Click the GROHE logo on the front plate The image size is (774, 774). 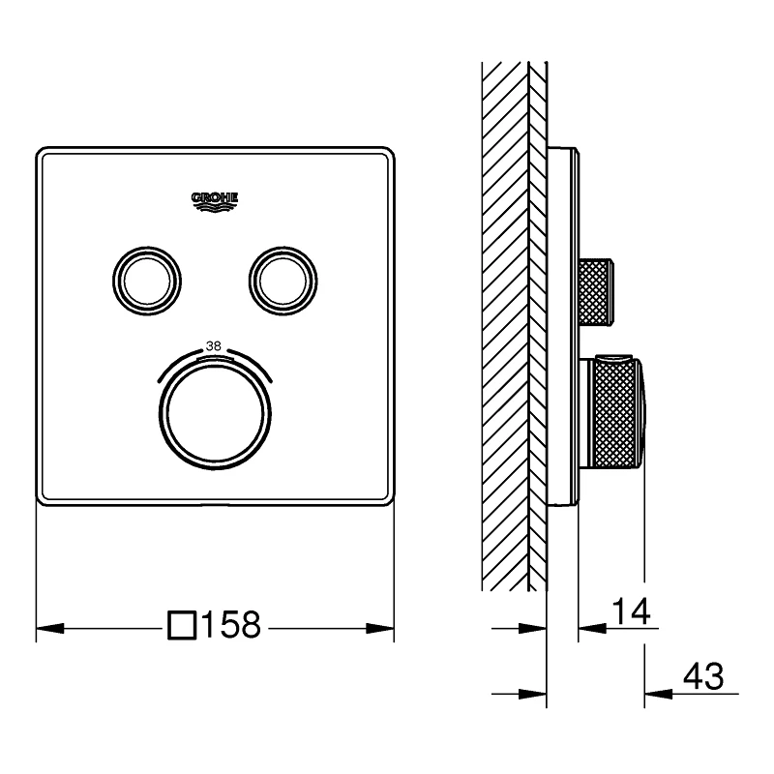pos(215,202)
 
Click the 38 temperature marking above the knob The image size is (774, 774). pos(214,346)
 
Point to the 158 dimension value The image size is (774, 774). pos(231,625)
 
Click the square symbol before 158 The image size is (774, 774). pos(183,625)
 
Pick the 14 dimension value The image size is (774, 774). pos(632,611)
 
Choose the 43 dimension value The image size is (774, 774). pos(703,675)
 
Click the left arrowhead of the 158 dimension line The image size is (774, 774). pos(50,628)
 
